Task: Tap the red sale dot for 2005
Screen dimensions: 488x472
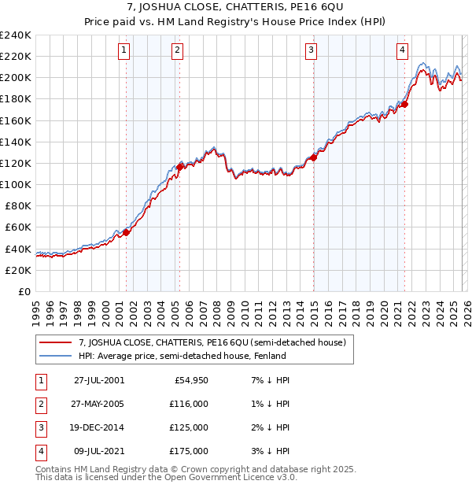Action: coord(179,167)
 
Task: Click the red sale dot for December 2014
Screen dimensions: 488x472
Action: coord(313,157)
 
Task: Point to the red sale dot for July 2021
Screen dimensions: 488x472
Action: coord(404,104)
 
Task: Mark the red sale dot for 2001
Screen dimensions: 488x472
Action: coord(127,232)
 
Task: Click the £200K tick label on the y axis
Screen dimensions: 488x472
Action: coord(16,78)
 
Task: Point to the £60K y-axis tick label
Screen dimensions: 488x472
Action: coord(18,227)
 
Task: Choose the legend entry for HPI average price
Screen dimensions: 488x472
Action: coord(182,356)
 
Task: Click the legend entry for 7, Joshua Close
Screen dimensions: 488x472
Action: coord(212,342)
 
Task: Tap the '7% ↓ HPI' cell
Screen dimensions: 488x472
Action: coord(268,379)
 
